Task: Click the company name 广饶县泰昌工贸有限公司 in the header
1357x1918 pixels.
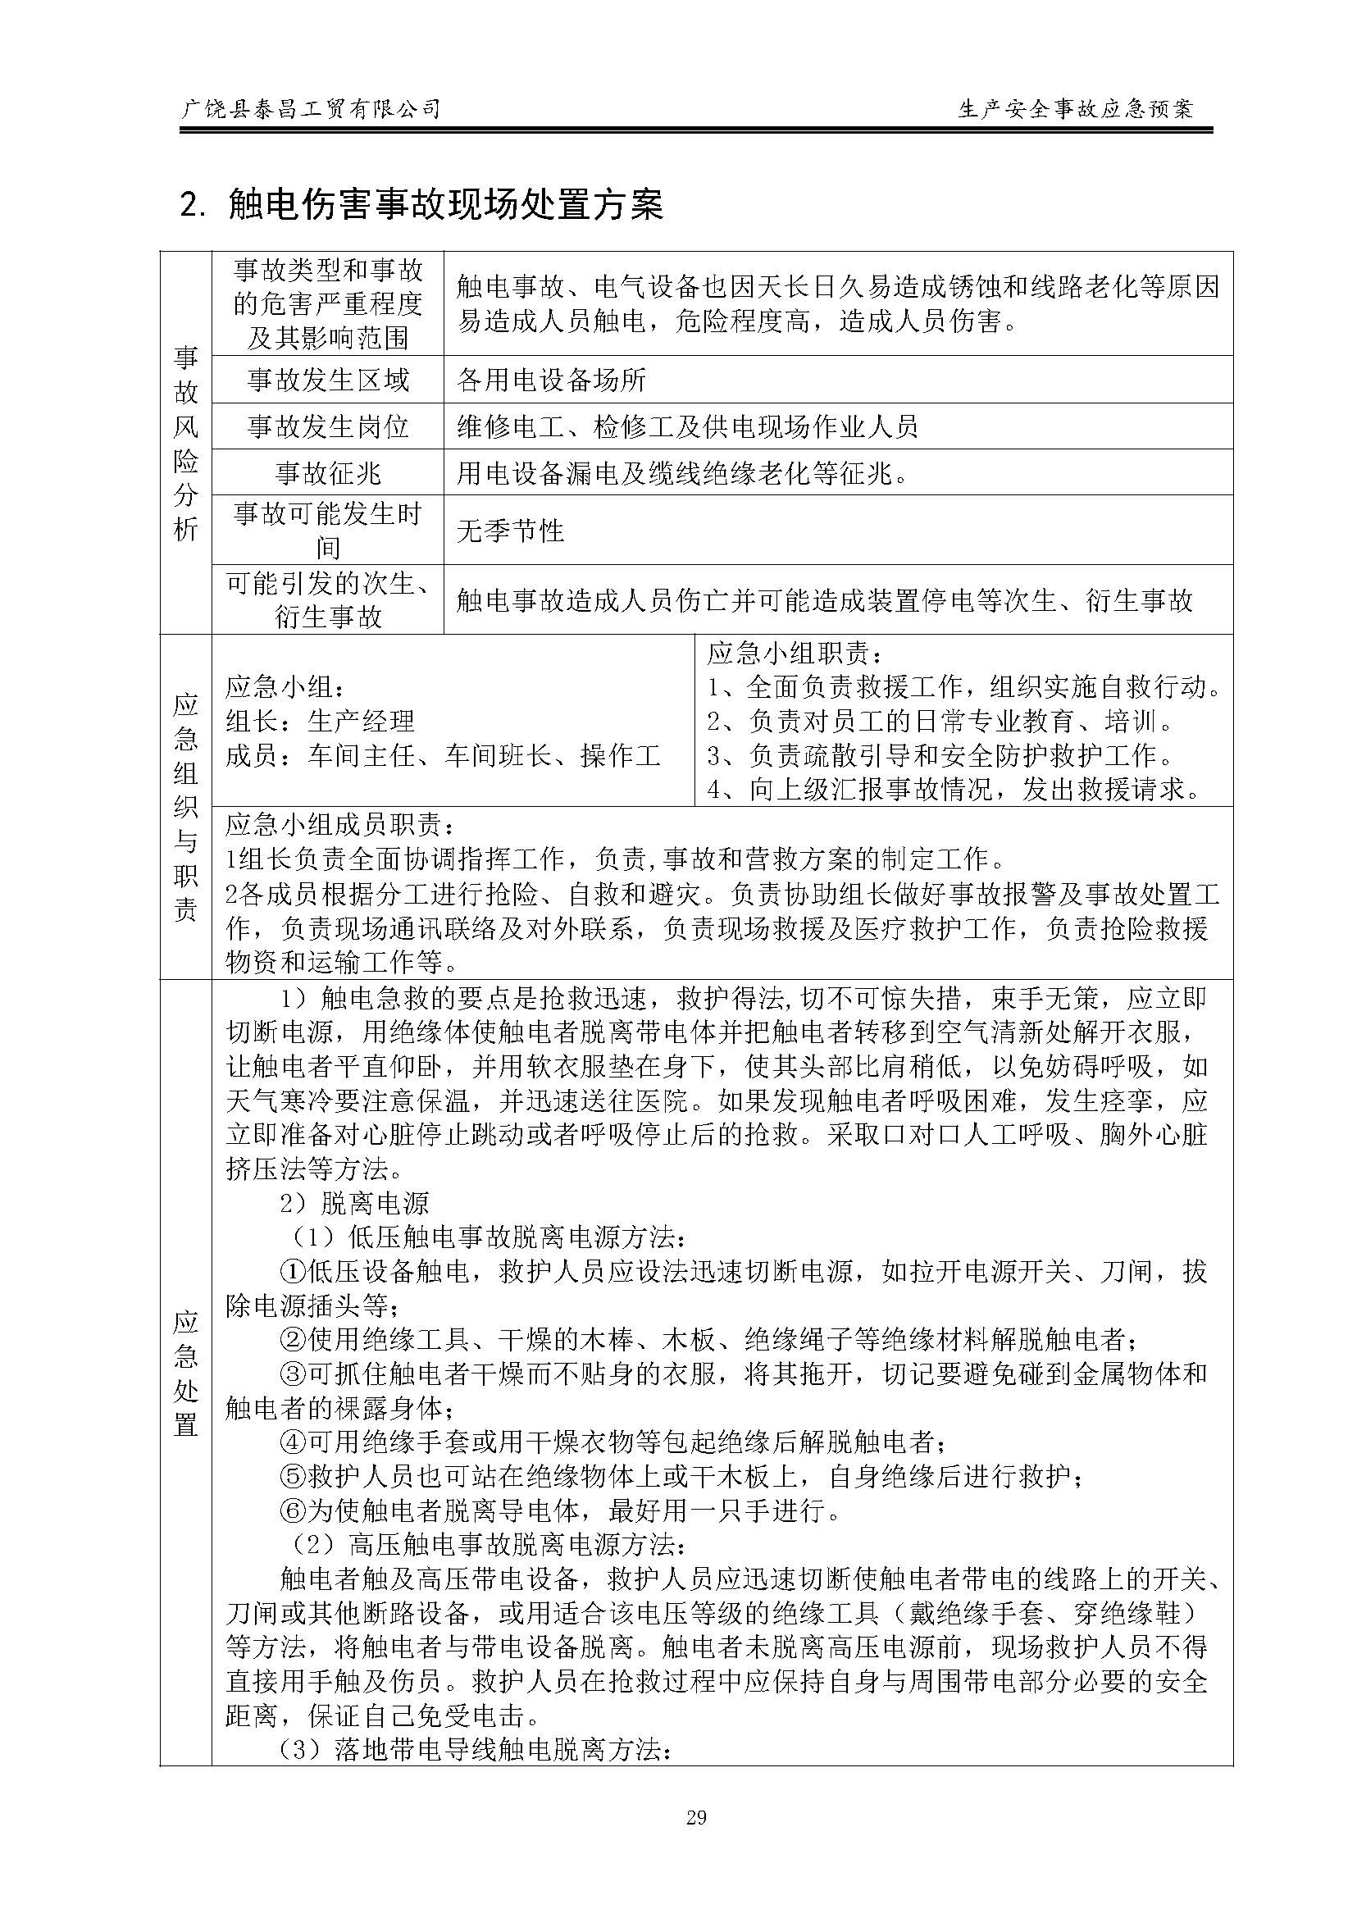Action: (310, 108)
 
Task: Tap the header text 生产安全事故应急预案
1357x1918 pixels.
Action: (1077, 108)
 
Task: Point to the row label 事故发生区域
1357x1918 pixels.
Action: (327, 380)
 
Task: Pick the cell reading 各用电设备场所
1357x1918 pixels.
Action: (552, 380)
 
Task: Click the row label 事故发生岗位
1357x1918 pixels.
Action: (327, 427)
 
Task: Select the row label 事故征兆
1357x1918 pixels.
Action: (327, 474)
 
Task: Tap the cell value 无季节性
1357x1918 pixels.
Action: (510, 530)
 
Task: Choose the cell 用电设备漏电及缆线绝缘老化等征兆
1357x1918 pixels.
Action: (682, 474)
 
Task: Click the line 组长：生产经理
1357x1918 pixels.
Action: (320, 721)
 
